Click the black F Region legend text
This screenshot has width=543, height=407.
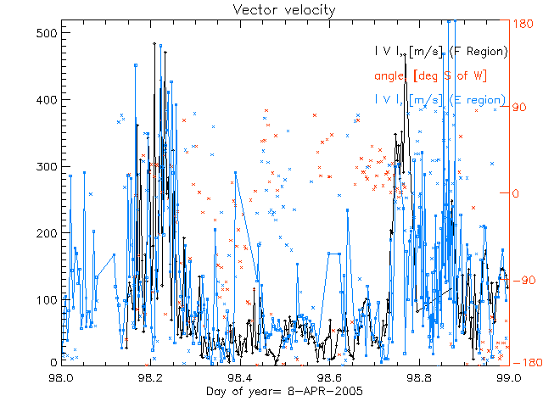click(x=440, y=52)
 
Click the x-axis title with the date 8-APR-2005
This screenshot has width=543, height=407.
click(x=271, y=391)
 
